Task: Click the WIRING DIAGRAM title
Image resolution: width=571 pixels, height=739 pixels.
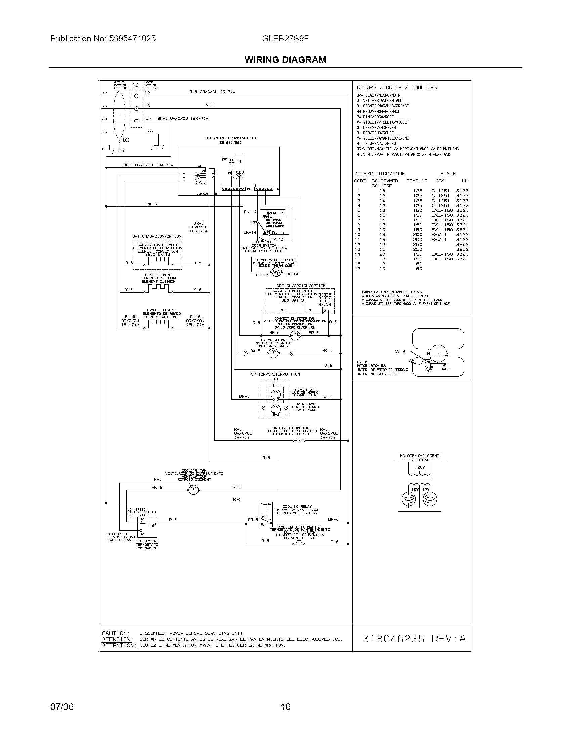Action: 285,60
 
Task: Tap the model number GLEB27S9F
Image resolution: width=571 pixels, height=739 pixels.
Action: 285,39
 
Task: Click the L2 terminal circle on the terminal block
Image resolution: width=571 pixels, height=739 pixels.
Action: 137,96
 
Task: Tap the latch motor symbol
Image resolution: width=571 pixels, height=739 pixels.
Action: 273,353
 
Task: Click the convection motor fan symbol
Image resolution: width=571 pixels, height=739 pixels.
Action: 295,335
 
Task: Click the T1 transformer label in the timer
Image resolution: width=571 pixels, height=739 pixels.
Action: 239,162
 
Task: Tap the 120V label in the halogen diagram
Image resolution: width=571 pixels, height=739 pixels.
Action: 420,467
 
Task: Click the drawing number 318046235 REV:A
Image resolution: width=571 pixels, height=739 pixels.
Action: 414,638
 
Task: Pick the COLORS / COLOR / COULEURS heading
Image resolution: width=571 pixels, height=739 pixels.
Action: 397,88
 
